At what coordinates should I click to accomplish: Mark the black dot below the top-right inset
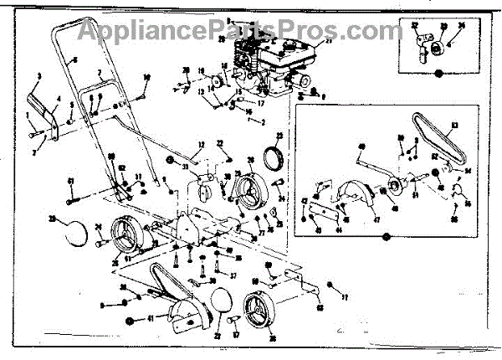(438, 75)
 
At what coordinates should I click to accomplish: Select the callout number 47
(376, 219)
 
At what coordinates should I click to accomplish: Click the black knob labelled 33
(170, 158)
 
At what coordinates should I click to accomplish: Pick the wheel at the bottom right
(258, 316)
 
